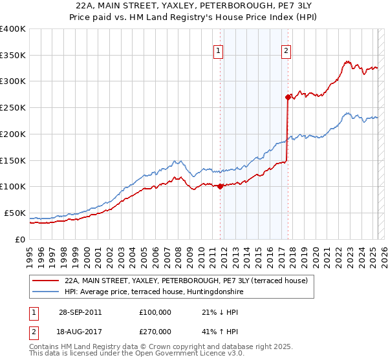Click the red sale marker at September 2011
coord(221,186)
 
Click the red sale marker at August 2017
coord(288,97)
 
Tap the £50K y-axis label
coord(15,213)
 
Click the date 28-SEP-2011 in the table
coord(80,312)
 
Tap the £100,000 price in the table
coord(155,312)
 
